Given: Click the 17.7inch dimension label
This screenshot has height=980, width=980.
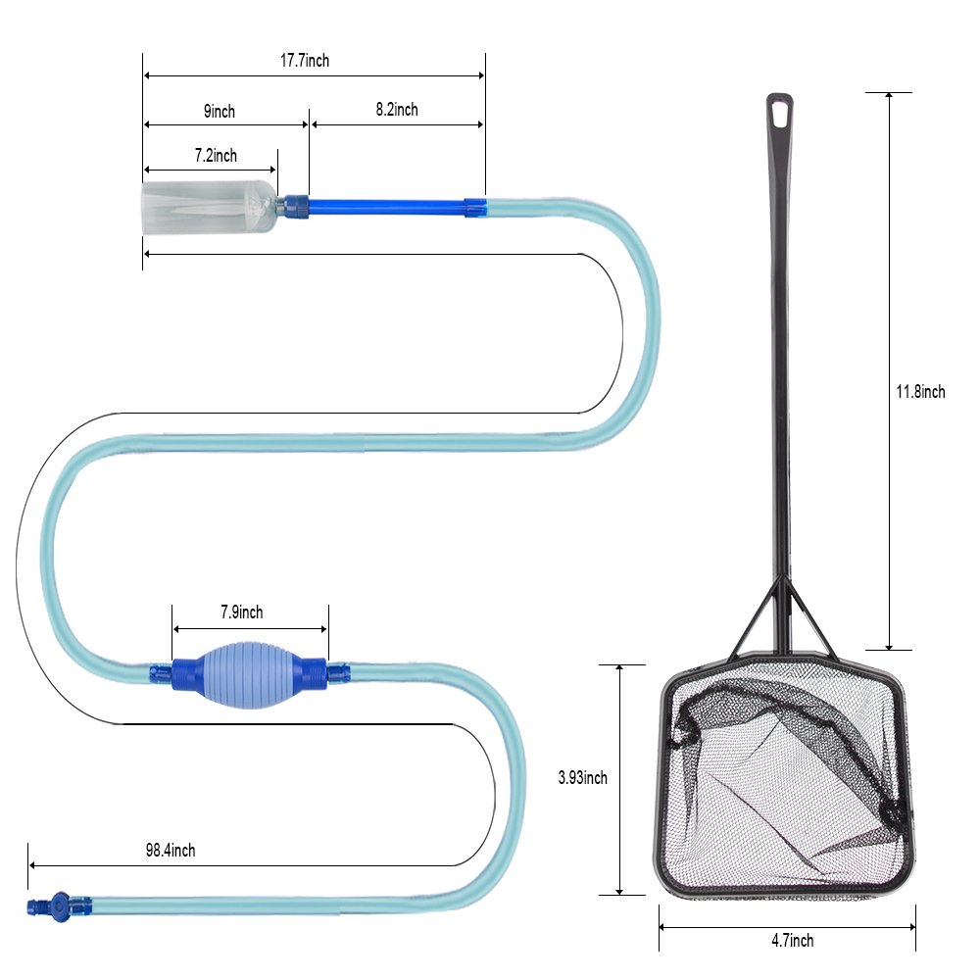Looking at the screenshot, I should coord(305,61).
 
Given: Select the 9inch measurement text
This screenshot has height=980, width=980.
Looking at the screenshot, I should coord(220,112).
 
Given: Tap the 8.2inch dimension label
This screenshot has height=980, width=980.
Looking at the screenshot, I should coord(397,110).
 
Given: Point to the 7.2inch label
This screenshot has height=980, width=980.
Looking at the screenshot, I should coord(216,156).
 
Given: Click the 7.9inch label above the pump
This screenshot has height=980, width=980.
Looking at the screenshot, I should coord(241,613).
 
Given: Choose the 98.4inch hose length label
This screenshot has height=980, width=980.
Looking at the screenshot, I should coord(171,851).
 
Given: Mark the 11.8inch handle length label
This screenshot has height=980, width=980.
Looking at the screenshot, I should coord(920,392).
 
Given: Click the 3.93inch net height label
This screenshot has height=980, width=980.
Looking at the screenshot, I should coord(582,778).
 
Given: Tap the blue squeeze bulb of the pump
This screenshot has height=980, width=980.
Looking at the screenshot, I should coord(250,672).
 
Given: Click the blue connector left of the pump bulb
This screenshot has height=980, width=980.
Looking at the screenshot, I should coord(183,672).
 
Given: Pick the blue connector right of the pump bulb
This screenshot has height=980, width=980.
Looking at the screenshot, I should coord(315,672).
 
